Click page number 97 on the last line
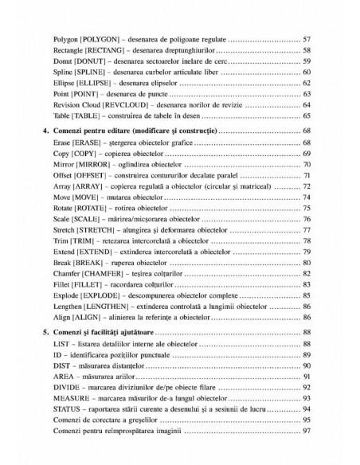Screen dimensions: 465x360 (306, 432)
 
